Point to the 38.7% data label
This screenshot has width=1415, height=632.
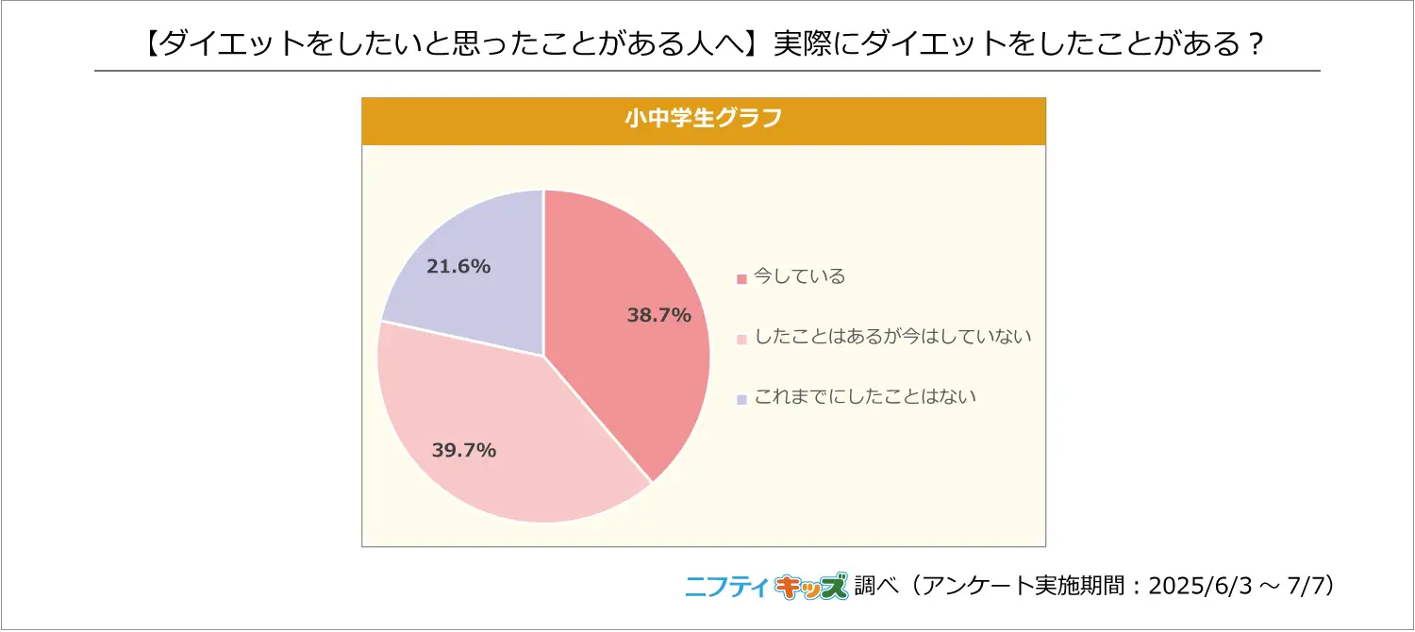click(659, 316)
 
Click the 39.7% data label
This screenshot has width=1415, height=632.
click(464, 450)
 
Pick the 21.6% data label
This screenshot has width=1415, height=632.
click(458, 267)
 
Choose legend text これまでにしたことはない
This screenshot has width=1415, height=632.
click(865, 396)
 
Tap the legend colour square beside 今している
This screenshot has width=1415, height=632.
click(741, 278)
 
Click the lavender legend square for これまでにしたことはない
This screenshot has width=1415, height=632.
click(741, 399)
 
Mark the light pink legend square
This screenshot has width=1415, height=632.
click(741, 339)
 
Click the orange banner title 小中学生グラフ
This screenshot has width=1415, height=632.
click(704, 120)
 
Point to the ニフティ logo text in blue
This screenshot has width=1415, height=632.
click(726, 587)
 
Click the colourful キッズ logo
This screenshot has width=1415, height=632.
click(810, 587)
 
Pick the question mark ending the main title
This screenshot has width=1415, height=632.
click(1255, 43)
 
